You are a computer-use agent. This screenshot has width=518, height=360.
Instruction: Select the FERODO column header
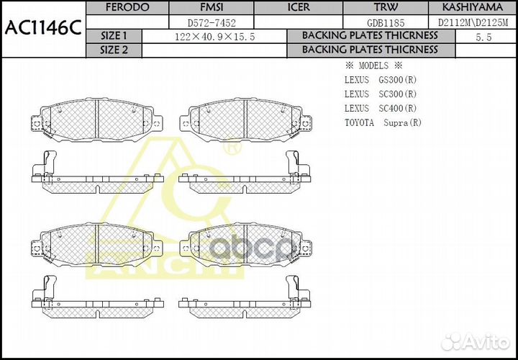pyautogui.click(x=127, y=7)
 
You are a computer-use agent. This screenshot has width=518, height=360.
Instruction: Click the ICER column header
pyautogui.click(x=299, y=7)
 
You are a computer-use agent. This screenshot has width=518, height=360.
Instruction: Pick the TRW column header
pyautogui.click(x=385, y=7)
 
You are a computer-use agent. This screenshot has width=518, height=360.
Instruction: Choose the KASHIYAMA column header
pyautogui.click(x=473, y=7)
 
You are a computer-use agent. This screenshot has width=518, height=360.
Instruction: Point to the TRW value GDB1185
pyautogui.click(x=385, y=22)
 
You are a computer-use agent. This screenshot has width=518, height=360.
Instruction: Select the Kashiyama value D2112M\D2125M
pyautogui.click(x=473, y=22)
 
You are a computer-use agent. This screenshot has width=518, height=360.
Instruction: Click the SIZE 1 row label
pyautogui.click(x=114, y=35)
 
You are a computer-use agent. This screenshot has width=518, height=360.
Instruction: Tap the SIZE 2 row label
pyautogui.click(x=114, y=50)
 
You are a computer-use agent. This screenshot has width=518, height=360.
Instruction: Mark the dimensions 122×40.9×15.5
pyautogui.click(x=214, y=36)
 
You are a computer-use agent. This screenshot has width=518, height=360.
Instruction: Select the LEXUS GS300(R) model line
pyautogui.click(x=380, y=79)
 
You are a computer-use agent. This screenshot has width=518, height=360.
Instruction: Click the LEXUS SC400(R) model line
pyautogui.click(x=380, y=108)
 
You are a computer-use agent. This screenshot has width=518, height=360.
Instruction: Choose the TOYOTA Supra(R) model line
pyautogui.click(x=383, y=122)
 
